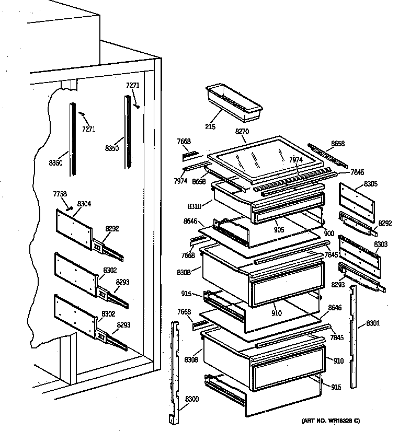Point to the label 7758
pyautogui.click(x=60, y=194)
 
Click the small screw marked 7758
pyautogui.click(x=70, y=207)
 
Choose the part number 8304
pyautogui.click(x=84, y=204)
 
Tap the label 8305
pyautogui.click(x=370, y=184)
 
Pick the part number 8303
pyautogui.click(x=381, y=244)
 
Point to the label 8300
pyautogui.click(x=192, y=399)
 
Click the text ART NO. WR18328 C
pyautogui.click(x=331, y=421)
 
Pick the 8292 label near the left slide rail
pyautogui.click(x=112, y=228)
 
